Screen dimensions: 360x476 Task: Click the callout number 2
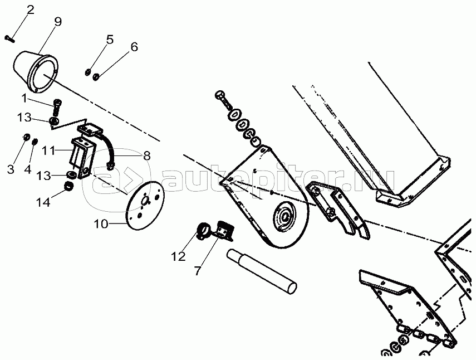pos(30,9)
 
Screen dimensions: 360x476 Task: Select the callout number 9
pos(58,22)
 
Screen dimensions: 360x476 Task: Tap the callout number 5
pos(110,39)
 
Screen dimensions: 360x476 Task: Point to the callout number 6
pos(134,47)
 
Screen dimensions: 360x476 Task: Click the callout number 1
pos(24,99)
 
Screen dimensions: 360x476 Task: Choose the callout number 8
pos(146,157)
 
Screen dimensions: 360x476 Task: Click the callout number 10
pos(101,225)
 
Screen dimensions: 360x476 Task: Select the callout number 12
pos(178,257)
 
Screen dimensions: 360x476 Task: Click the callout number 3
pos(11,169)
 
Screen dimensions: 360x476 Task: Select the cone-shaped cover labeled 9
pos(35,71)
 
